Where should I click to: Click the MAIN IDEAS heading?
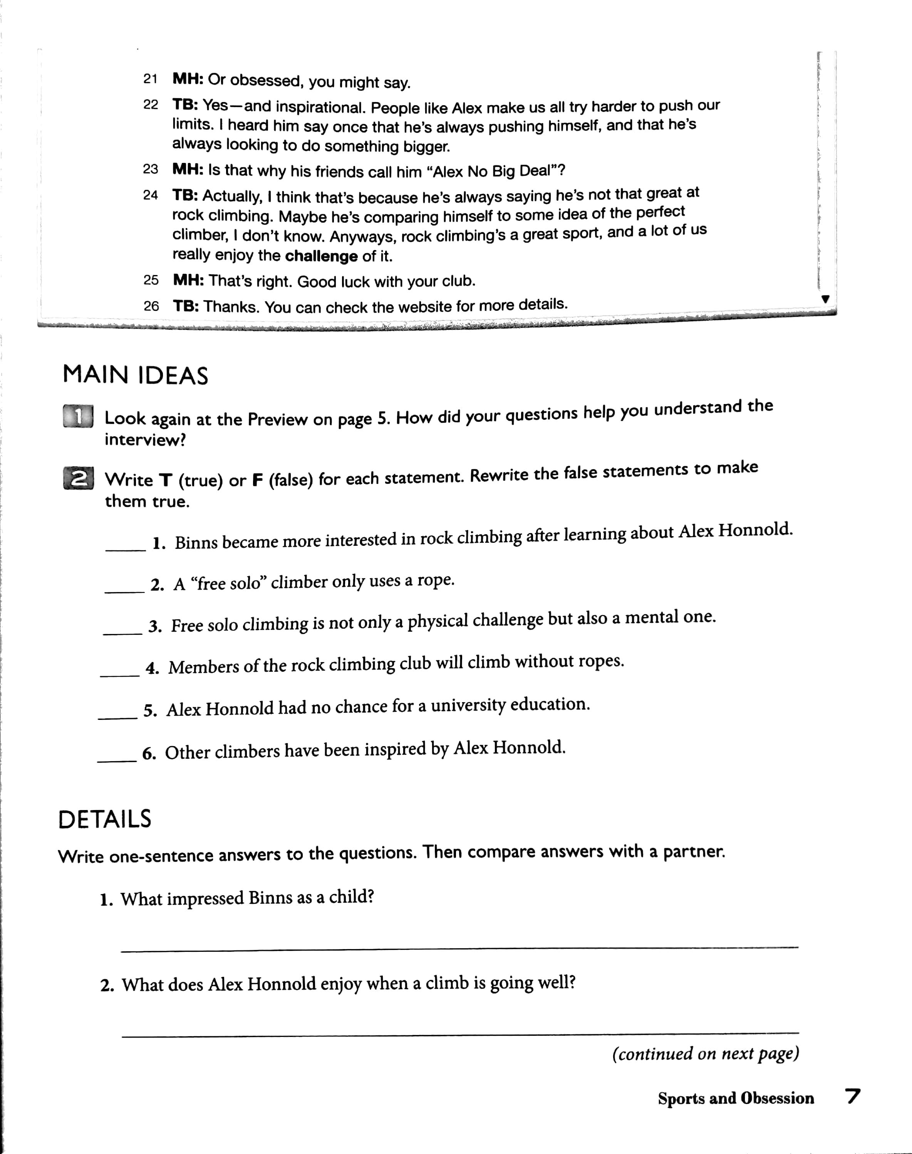point(135,376)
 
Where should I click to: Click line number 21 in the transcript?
point(150,79)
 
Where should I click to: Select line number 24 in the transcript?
point(151,195)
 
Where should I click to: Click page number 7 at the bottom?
point(853,1097)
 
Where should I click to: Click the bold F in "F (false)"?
point(257,480)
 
